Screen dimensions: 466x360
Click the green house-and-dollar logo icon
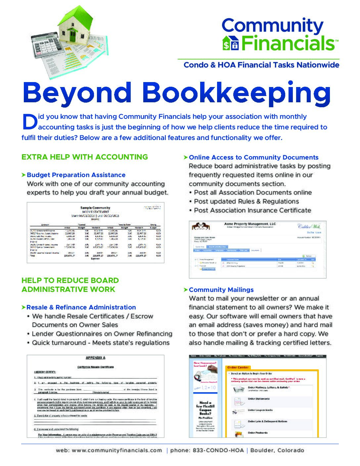[230, 43]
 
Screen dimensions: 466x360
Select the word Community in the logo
[272, 26]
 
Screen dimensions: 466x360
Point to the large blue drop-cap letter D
[29, 122]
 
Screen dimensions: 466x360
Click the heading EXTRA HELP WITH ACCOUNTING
[85, 157]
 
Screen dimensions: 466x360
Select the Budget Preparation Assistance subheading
[76, 175]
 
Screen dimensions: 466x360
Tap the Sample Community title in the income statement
[95, 208]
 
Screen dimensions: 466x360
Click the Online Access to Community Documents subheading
[253, 158]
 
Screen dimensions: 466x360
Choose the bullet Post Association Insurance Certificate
[252, 210]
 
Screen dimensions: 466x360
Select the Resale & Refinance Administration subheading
[81, 307]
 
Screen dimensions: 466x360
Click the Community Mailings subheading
[221, 290]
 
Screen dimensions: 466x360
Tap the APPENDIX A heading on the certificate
[95, 358]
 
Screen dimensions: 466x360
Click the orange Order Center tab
[238, 367]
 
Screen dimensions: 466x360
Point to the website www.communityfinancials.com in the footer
[117, 450]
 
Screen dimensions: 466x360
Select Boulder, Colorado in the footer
[277, 450]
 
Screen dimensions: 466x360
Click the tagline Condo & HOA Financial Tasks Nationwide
[261, 65]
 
